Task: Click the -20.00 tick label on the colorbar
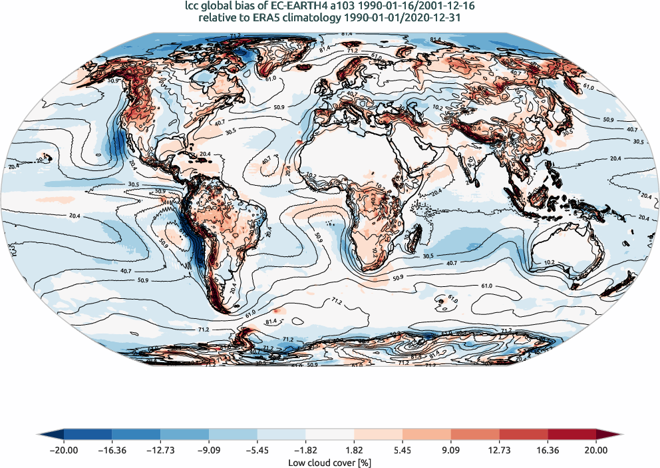[x=64, y=450]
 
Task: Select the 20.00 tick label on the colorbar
[x=596, y=450]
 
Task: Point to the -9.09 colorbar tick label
[x=209, y=450]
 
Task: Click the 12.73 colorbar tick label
[x=499, y=450]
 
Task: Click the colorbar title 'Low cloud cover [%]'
[x=330, y=462]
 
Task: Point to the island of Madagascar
[x=417, y=238]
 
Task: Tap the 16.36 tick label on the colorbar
[x=548, y=450]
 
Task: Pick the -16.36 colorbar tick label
[x=112, y=450]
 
